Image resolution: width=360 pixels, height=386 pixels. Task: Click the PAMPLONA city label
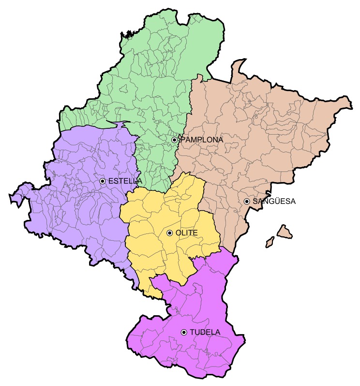tap(202, 139)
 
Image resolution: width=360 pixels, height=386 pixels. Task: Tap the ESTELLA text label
tap(125, 181)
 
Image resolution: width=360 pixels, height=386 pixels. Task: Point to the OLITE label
tap(186, 233)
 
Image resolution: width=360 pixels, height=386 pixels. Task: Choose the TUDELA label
tap(205, 332)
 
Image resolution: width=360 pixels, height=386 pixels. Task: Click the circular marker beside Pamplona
tap(174, 139)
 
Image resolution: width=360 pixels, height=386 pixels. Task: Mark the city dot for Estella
tap(103, 181)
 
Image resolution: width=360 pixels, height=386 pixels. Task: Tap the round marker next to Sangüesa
tap(247, 201)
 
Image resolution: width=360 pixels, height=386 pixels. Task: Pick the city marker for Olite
tap(169, 233)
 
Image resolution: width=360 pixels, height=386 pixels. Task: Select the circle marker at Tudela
tap(184, 332)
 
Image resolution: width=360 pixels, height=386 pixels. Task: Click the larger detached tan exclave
tap(285, 231)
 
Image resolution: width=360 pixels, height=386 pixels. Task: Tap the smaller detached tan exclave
tap(270, 241)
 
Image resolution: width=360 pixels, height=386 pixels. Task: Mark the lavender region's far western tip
tap(12, 197)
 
